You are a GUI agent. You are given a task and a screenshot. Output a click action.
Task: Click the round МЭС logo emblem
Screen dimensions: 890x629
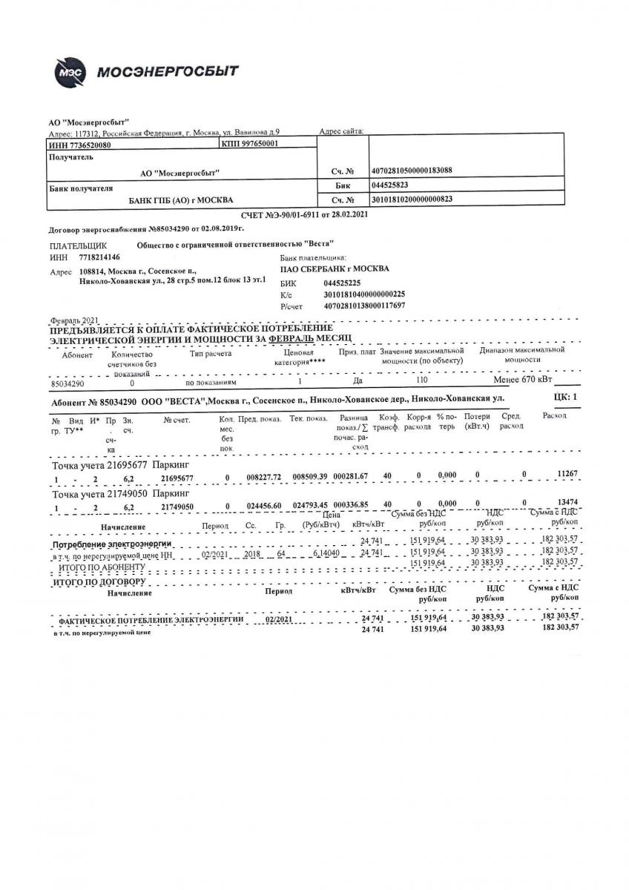[x=73, y=73]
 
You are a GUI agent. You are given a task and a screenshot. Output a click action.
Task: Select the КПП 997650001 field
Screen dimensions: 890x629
[x=249, y=144]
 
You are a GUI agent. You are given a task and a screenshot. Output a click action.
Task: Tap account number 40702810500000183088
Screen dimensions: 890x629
[x=412, y=171]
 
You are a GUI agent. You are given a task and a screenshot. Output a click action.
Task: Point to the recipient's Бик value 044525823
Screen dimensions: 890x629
[x=390, y=185]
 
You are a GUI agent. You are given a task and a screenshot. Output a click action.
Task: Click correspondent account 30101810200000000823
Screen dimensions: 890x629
[x=412, y=200]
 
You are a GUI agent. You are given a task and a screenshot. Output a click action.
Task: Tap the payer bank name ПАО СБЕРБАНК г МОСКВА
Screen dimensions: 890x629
[x=335, y=269]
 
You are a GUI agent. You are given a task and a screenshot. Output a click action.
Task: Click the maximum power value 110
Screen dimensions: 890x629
[x=422, y=379]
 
